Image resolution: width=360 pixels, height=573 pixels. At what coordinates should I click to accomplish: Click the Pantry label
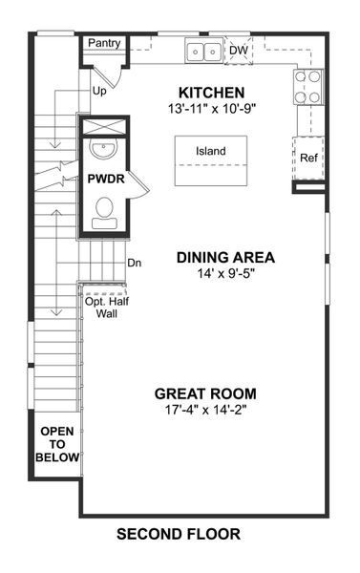[x=103, y=44]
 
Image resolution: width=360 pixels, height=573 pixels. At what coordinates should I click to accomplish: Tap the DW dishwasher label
[x=238, y=50]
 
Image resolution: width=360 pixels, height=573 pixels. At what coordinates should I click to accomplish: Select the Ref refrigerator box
[x=308, y=158]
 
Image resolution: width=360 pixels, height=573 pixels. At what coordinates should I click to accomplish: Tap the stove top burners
[x=307, y=88]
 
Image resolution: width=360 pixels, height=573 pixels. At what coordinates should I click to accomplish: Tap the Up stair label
[x=99, y=93]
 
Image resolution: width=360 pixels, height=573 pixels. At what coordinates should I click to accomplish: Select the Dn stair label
[x=134, y=263]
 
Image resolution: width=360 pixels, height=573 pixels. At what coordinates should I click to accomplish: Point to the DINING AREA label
[x=226, y=257]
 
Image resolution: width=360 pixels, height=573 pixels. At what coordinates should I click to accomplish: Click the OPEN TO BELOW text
[x=56, y=445]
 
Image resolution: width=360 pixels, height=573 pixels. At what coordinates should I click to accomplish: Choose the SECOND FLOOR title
[x=179, y=534]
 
